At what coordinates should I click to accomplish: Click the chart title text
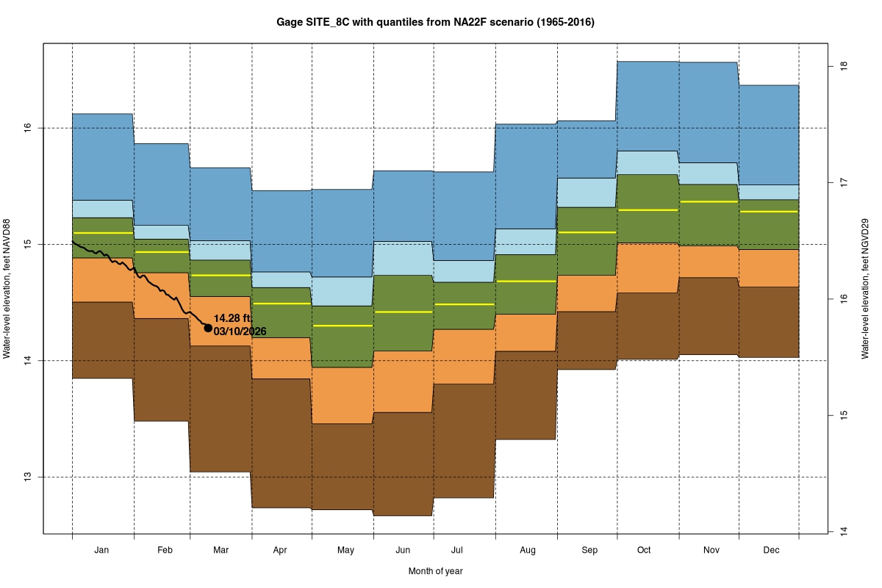point(435,23)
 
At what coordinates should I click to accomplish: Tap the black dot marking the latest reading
point(208,328)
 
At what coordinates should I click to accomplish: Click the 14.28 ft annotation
point(232,319)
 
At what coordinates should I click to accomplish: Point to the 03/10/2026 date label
point(240,332)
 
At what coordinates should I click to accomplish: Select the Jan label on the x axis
point(102,550)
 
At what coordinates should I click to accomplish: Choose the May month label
point(345,550)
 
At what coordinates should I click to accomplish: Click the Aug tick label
point(527,550)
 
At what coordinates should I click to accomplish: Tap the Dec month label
point(771,550)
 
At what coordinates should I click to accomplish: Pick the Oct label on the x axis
point(645,550)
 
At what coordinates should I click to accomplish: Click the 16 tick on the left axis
point(28,128)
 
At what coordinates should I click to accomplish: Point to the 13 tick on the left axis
point(28,477)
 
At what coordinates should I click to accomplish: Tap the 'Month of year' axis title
point(435,571)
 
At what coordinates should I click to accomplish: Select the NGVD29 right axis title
point(868,287)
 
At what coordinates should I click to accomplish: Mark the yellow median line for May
point(343,325)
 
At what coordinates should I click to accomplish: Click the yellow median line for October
point(647,210)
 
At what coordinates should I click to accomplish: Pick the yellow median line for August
point(526,281)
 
